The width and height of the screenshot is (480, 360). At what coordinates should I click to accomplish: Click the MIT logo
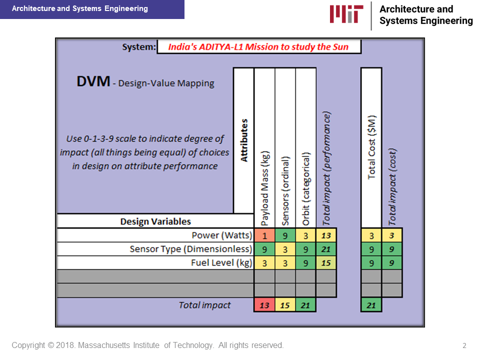[x=346, y=14]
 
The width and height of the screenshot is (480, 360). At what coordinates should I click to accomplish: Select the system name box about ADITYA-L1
[x=259, y=47]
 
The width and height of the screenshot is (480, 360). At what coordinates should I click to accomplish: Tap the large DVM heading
[x=93, y=81]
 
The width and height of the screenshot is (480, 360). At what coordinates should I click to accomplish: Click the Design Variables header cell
[x=155, y=221]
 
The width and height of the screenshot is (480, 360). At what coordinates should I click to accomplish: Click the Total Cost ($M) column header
[x=371, y=147]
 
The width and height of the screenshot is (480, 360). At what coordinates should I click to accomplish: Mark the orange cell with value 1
[x=264, y=235]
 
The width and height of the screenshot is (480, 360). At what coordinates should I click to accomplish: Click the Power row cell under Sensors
[x=285, y=235]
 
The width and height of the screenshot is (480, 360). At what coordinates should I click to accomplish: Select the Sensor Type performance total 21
[x=326, y=249]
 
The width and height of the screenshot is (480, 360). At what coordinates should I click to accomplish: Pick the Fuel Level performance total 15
[x=326, y=263]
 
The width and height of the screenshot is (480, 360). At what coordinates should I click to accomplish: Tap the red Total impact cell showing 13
[x=264, y=305]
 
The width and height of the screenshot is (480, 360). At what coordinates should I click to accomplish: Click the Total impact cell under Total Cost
[x=371, y=305]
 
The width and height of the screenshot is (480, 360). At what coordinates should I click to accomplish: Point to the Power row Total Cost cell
[x=371, y=235]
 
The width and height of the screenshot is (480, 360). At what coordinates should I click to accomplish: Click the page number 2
[x=464, y=345]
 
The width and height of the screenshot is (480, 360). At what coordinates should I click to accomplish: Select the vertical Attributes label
[x=244, y=140]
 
